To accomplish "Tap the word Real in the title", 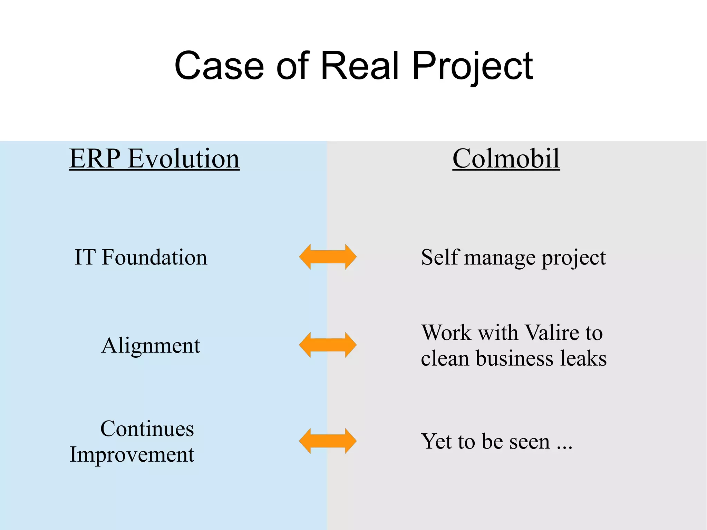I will click(360, 66).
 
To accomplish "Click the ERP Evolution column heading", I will click(154, 158).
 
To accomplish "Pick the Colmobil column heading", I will click(506, 158).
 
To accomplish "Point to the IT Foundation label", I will click(141, 257).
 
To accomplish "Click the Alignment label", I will click(151, 346).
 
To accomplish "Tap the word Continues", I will click(147, 429).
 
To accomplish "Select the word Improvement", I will click(132, 455).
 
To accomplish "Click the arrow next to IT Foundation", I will click(328, 257).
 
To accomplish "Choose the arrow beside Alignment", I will click(328, 345).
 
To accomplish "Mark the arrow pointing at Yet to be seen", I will click(328, 441).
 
